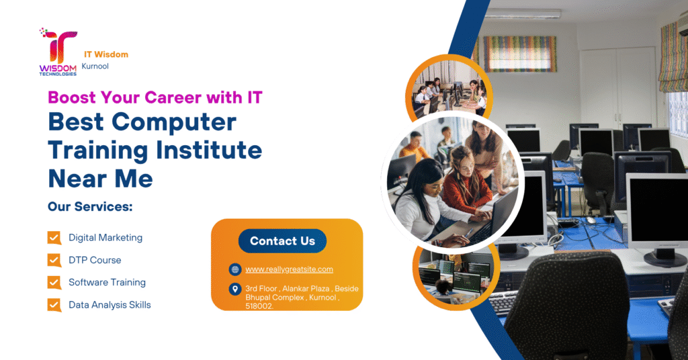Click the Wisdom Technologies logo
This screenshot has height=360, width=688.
tap(58, 52)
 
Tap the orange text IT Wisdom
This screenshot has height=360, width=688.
tap(106, 54)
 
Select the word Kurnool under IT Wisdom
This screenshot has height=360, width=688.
tap(95, 66)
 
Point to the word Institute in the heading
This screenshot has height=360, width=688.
tap(207, 150)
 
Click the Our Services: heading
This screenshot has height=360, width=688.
tap(90, 207)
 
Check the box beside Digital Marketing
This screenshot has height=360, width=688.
tap(54, 238)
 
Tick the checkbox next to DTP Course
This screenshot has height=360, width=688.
tap(54, 260)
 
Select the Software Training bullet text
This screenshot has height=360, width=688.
tap(107, 282)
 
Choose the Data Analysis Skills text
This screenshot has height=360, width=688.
tap(110, 305)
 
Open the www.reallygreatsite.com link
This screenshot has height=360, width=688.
tap(289, 269)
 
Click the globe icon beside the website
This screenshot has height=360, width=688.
tap(234, 269)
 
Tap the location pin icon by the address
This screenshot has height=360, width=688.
tap(234, 289)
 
